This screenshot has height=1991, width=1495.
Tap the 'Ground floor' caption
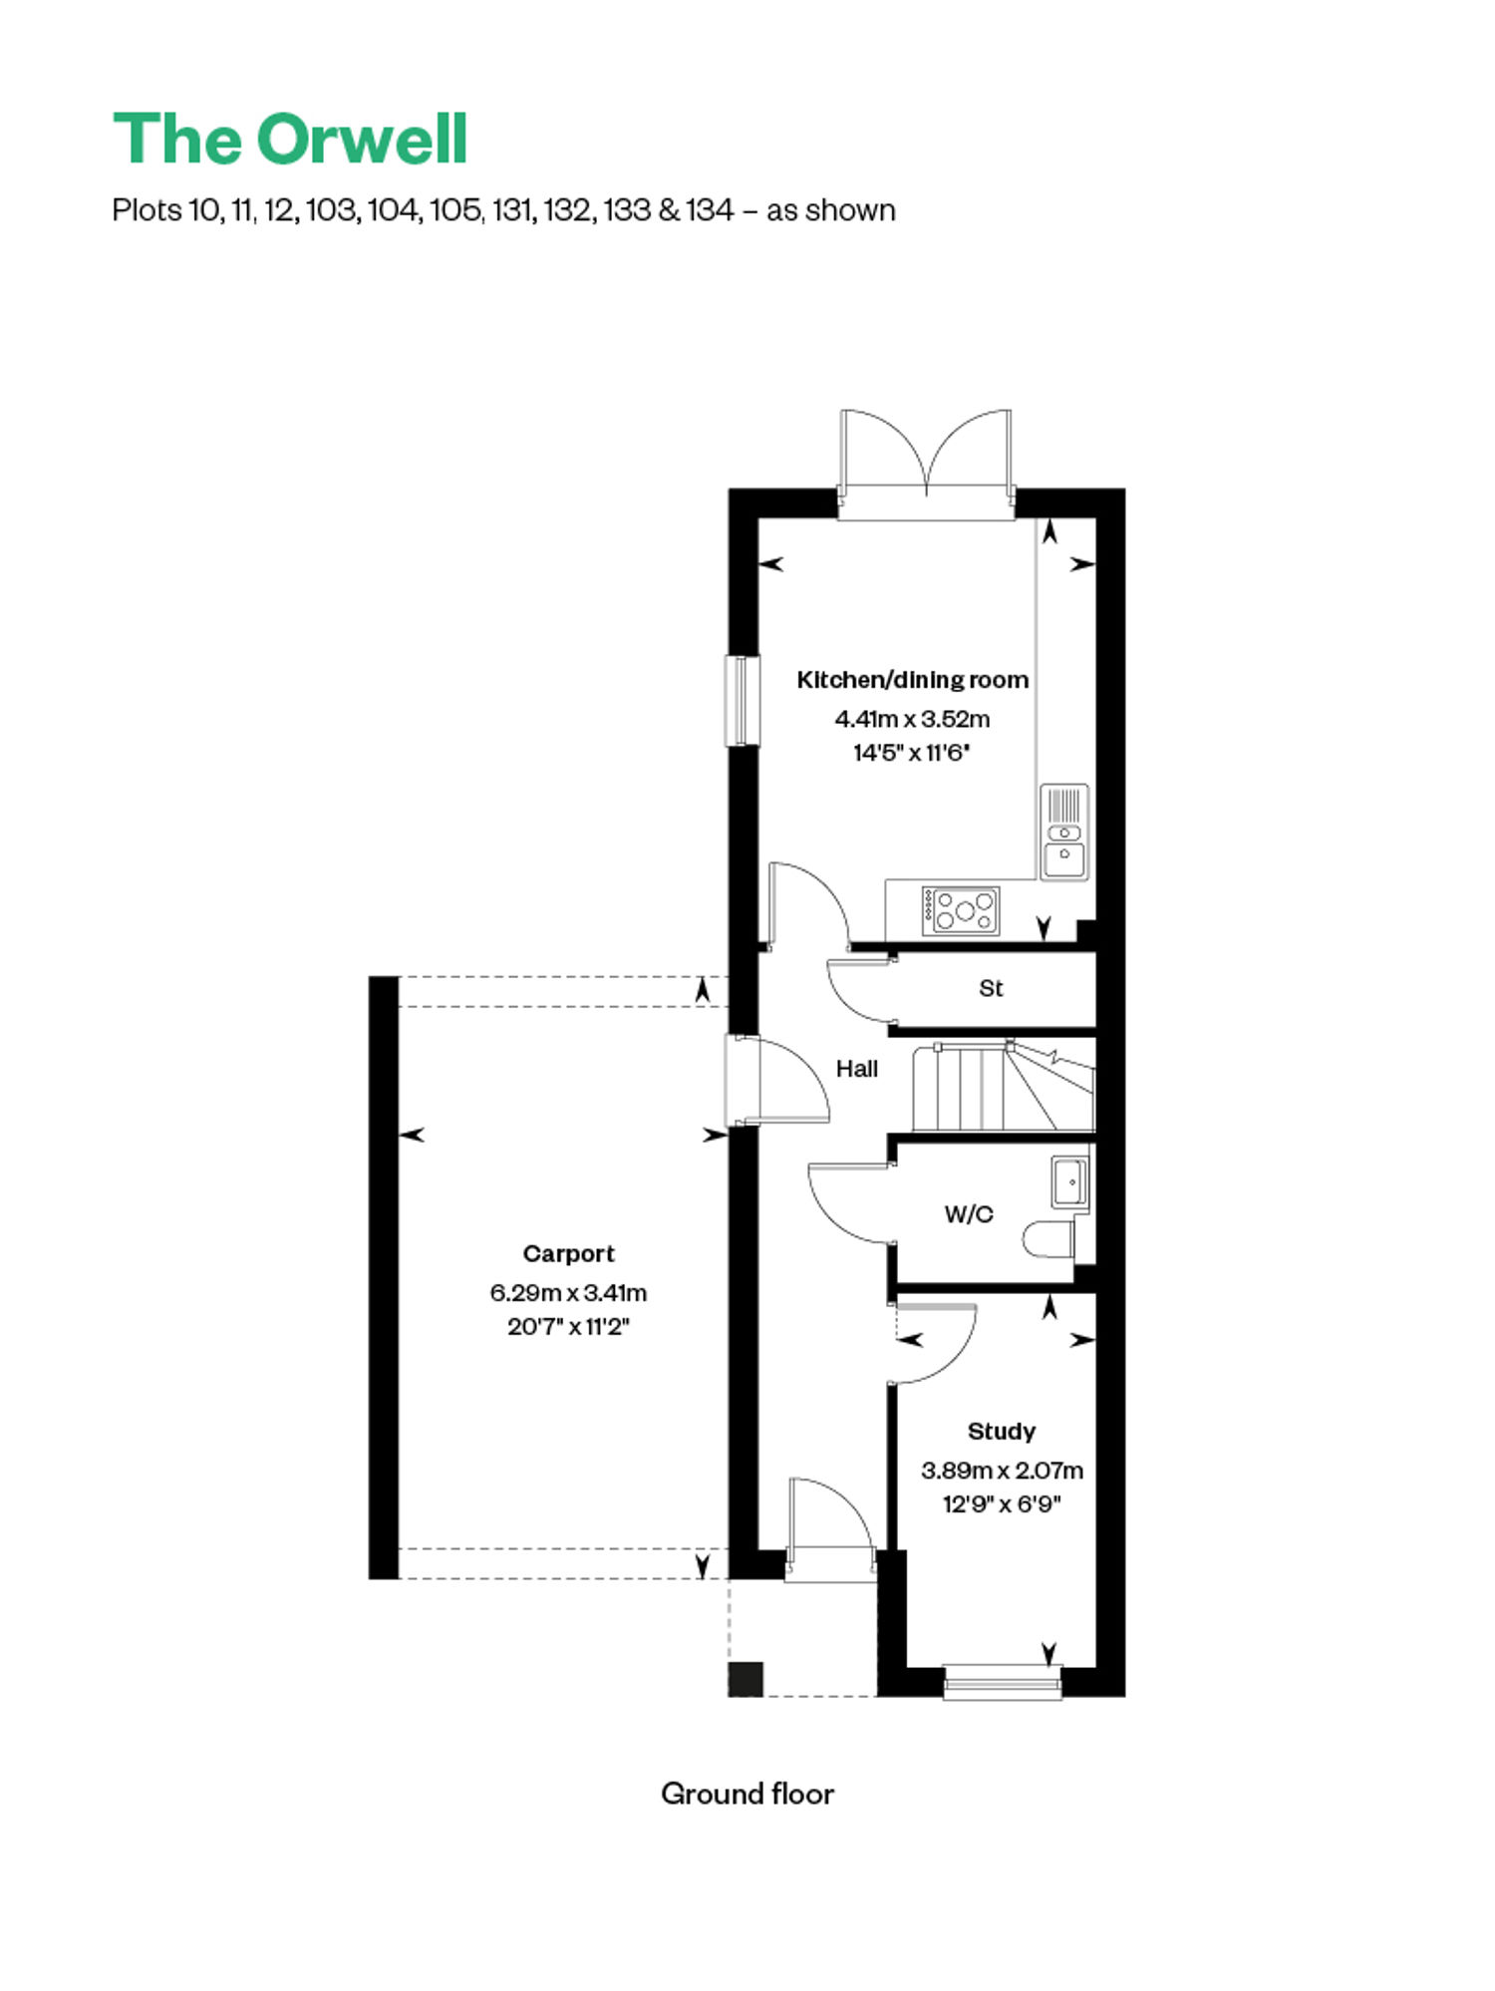click(x=747, y=1794)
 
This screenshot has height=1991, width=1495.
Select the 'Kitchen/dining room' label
click(x=912, y=680)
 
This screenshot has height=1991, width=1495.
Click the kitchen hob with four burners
click(x=961, y=910)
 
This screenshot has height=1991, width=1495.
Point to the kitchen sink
click(x=1064, y=832)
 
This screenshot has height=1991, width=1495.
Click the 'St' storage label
click(x=991, y=988)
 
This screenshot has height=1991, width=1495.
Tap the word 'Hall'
click(x=857, y=1069)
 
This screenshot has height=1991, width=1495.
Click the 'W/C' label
click(x=969, y=1213)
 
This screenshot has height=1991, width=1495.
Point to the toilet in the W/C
click(x=1049, y=1239)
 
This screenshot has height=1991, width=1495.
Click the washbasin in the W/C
click(x=1070, y=1182)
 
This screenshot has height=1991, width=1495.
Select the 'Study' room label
click(x=1002, y=1432)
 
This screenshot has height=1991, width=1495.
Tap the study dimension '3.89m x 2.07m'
click(x=1002, y=1470)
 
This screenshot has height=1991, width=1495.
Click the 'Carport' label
click(x=569, y=1253)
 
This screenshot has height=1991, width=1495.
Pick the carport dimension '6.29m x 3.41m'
click(x=568, y=1292)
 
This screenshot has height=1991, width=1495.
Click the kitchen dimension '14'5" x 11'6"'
click(x=912, y=752)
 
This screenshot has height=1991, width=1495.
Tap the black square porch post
click(x=746, y=1679)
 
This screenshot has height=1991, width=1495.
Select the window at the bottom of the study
click(x=1002, y=1683)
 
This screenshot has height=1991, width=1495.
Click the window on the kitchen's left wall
click(x=741, y=700)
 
